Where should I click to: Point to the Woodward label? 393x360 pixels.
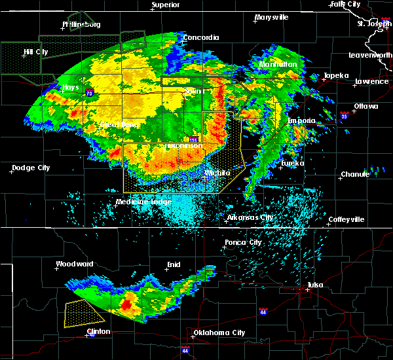(76, 264)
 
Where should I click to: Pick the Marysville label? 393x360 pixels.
(272, 17)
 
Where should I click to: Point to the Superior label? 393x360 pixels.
(166, 5)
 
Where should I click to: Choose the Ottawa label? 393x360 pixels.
(365, 105)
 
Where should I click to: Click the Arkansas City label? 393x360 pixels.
(250, 217)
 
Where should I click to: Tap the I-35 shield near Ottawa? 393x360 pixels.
(345, 115)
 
